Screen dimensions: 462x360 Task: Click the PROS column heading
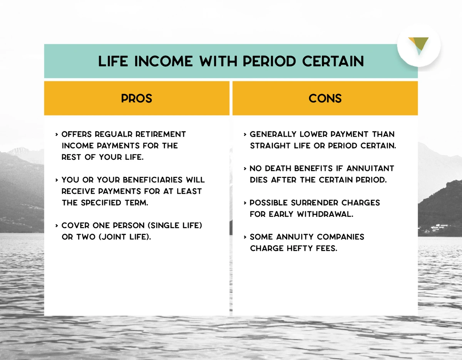pos(137,99)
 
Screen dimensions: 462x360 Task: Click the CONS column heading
pos(325,99)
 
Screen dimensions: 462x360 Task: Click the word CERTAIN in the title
pos(333,61)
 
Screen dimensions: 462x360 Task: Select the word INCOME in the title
pos(164,61)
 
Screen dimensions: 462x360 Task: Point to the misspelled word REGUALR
pos(114,134)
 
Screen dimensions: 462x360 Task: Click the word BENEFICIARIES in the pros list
pos(152,180)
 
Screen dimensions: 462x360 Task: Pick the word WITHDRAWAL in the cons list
pos(325,214)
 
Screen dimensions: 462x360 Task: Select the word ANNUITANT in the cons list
pos(370,168)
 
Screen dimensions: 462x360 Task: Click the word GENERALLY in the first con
pos(273,134)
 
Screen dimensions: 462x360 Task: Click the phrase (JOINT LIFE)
pos(125,237)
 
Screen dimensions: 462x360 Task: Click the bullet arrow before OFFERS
pos(57,134)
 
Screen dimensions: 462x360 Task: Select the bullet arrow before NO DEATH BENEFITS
pos(245,168)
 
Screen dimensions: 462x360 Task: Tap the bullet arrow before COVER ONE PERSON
pos(57,225)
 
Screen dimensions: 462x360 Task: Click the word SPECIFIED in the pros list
pos(101,203)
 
